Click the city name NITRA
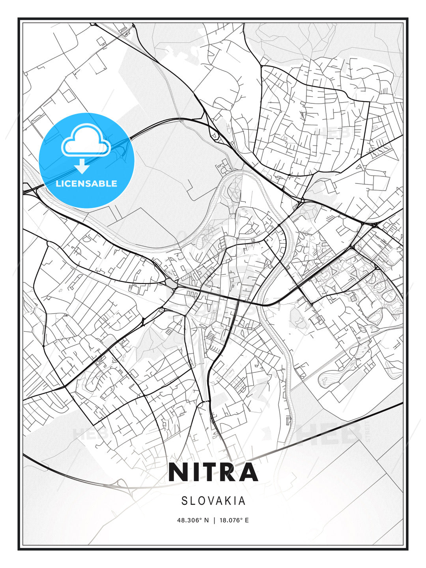click(213, 472)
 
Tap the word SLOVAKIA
click(213, 501)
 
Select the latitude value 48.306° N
click(192, 520)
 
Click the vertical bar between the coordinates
click(213, 520)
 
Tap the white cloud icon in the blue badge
click(86, 141)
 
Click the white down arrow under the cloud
click(82, 166)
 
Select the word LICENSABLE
click(86, 183)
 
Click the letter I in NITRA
click(193, 472)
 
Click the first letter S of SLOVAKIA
click(184, 501)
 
